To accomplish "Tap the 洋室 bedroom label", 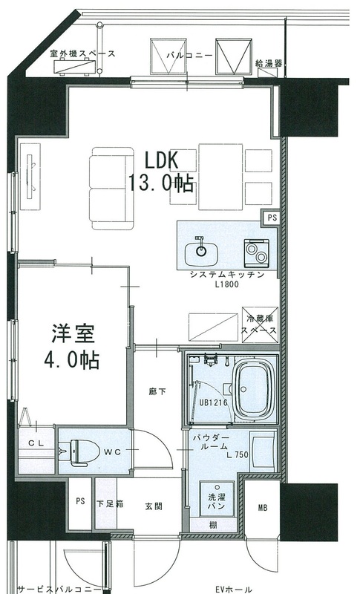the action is pyautogui.click(x=73, y=333).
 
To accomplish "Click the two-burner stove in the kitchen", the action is pyautogui.click(x=256, y=252).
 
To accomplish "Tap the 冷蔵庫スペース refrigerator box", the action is pyautogui.click(x=260, y=324).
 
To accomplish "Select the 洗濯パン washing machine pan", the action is pyautogui.click(x=217, y=498).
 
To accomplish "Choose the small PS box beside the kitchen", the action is pyautogui.click(x=272, y=218).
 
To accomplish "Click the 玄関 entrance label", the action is pyautogui.click(x=154, y=506).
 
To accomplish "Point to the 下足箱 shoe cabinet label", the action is pyautogui.click(x=110, y=504).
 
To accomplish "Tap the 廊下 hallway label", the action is pyautogui.click(x=157, y=392).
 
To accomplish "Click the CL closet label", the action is pyautogui.click(x=36, y=443).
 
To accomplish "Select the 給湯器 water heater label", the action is pyautogui.click(x=269, y=63).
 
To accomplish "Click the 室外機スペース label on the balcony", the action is pyautogui.click(x=82, y=53).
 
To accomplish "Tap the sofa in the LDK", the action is pyautogui.click(x=111, y=189).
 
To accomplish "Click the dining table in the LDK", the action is pyautogui.click(x=220, y=177).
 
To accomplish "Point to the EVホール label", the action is pyautogui.click(x=234, y=590).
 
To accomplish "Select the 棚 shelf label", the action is pyautogui.click(x=213, y=526).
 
